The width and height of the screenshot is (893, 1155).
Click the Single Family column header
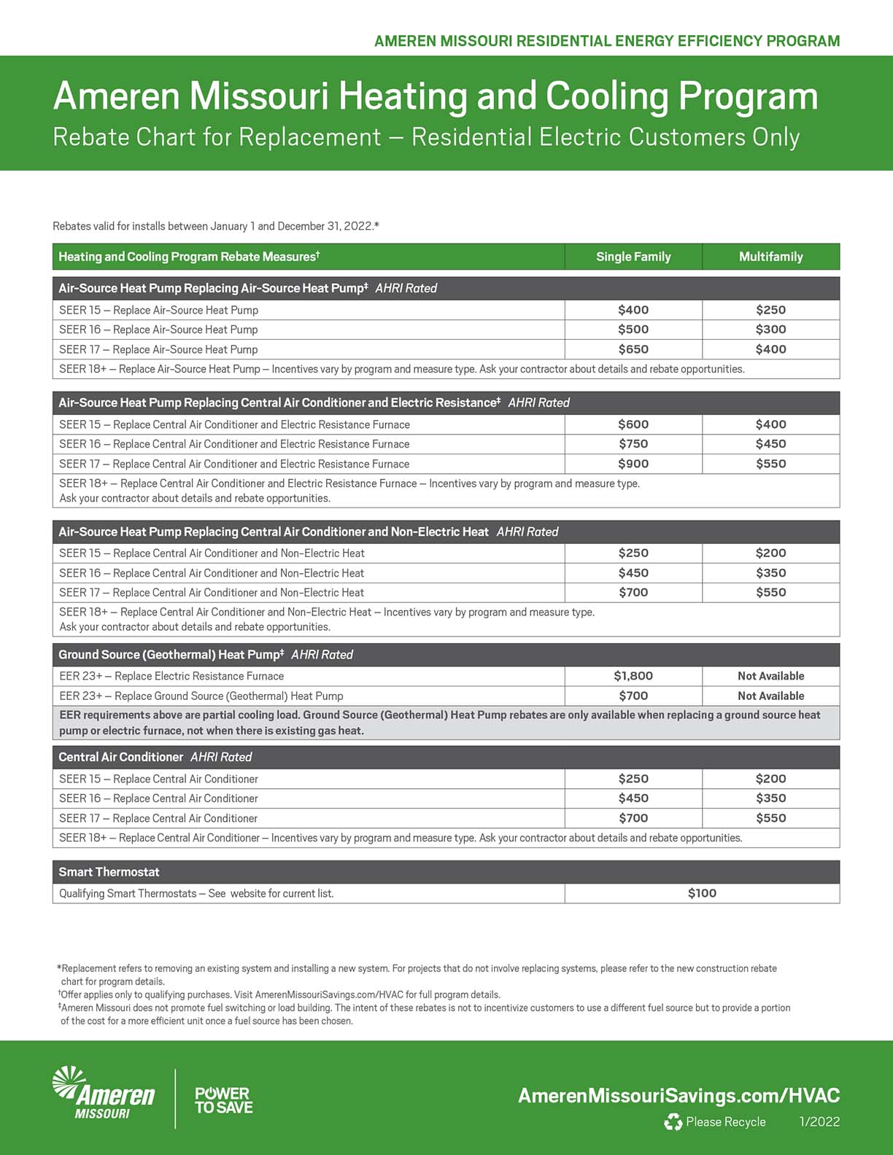[633, 257]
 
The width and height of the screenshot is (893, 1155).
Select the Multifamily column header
[770, 257]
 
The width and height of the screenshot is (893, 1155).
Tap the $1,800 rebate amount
[633, 676]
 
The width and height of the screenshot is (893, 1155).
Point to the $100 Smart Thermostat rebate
[702, 893]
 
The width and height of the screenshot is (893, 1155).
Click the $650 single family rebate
[633, 349]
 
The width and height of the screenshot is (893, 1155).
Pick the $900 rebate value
[633, 464]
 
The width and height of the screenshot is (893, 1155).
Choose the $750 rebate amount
[633, 444]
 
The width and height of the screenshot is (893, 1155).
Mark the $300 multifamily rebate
[770, 330]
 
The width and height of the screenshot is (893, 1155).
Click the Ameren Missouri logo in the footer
[104, 1094]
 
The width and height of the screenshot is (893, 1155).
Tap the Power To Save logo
[223, 1100]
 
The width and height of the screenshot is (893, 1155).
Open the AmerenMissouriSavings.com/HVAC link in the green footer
[679, 1095]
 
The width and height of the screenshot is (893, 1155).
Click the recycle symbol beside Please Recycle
[673, 1122]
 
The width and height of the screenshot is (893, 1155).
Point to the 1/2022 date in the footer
[819, 1122]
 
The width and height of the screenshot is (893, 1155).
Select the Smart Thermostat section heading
[109, 872]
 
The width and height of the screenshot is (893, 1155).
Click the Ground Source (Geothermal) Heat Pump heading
[171, 655]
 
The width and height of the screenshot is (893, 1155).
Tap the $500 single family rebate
[633, 330]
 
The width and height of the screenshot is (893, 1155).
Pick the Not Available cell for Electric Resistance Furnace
[770, 676]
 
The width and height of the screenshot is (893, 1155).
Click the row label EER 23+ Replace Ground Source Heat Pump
[201, 696]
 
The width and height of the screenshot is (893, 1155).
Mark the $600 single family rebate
[633, 424]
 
